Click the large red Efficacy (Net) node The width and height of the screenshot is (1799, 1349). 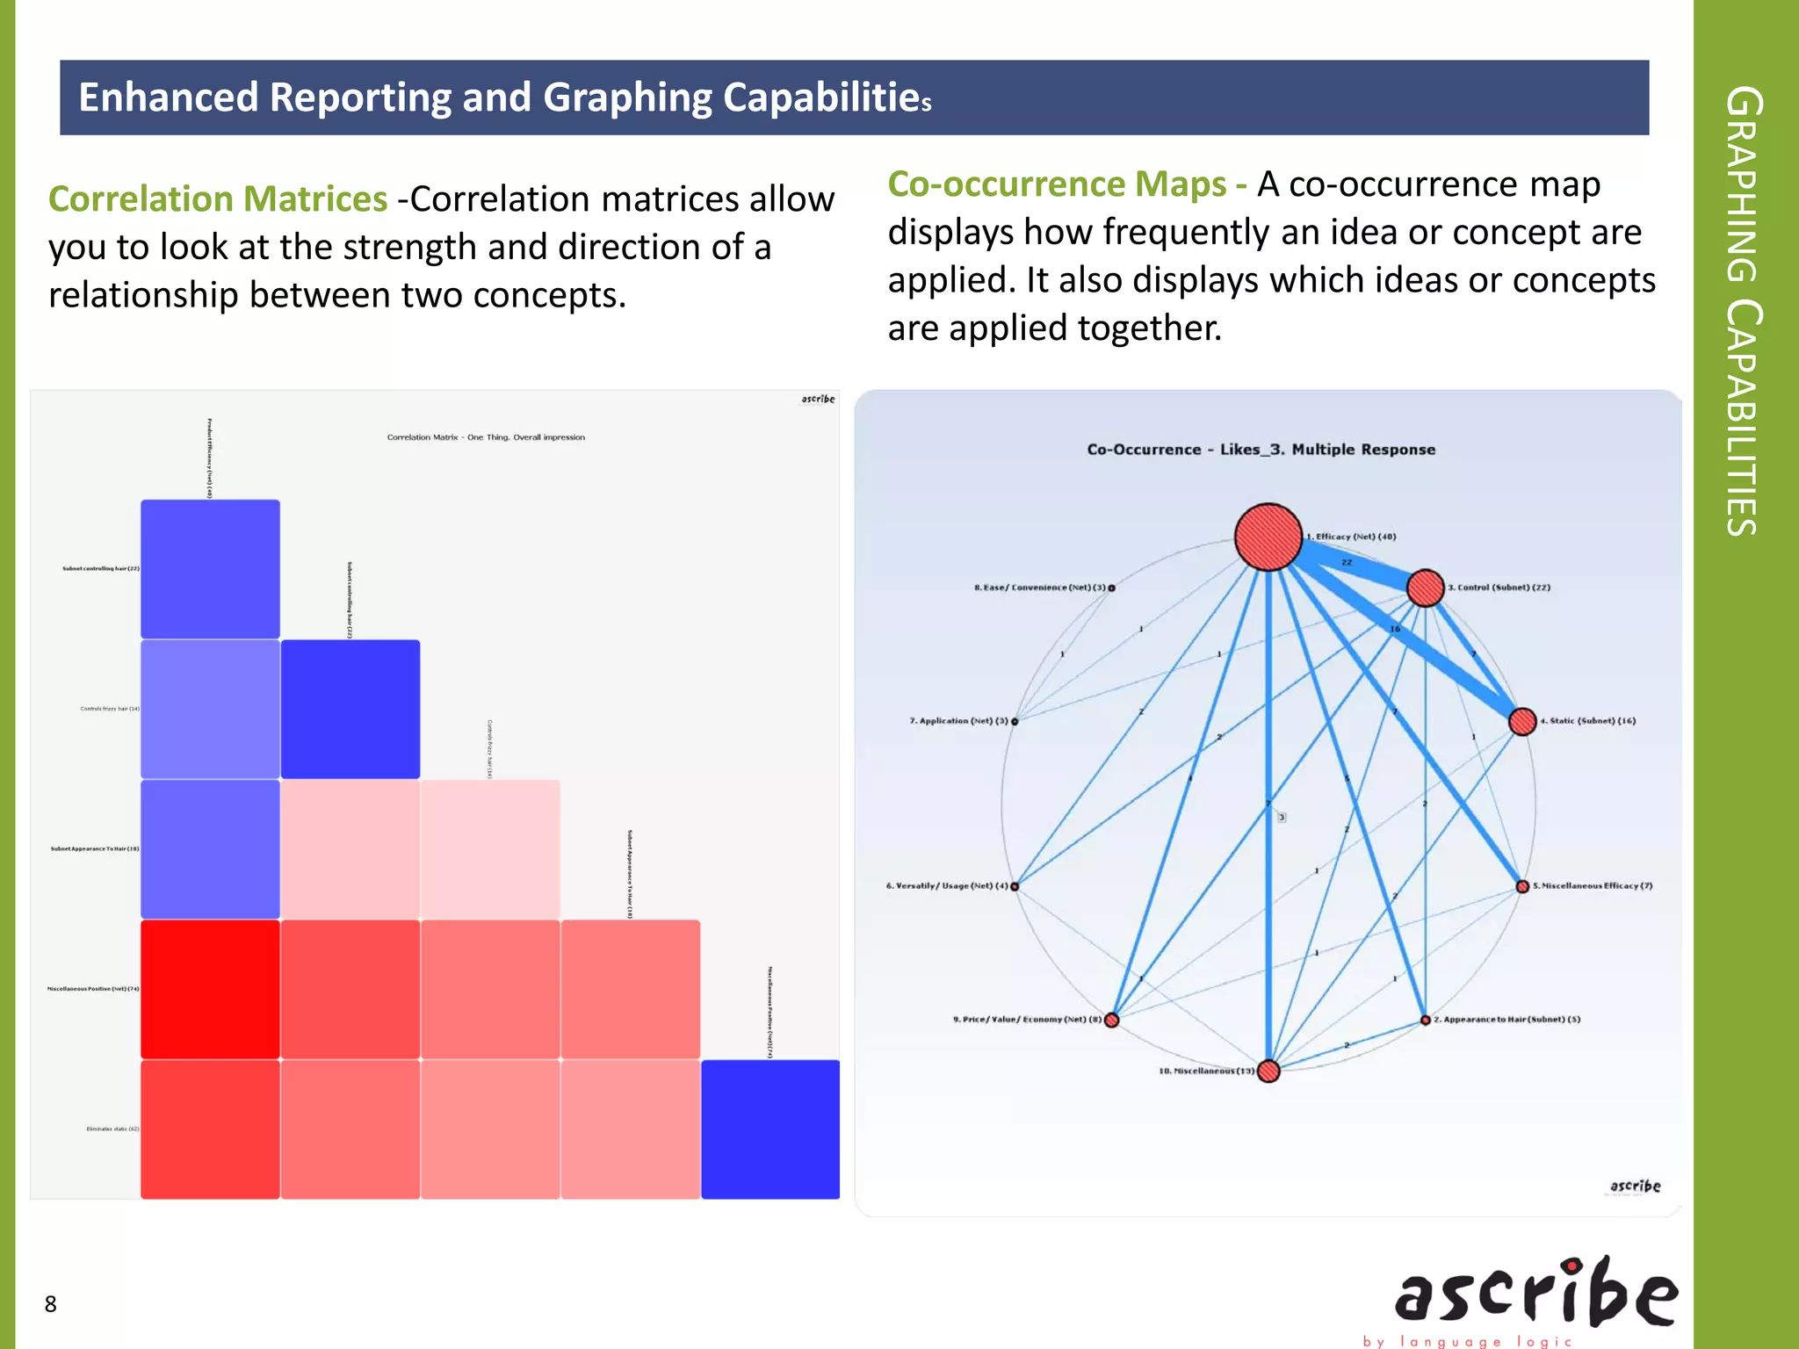pos(1268,537)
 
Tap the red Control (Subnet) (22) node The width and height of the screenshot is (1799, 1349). pos(1425,588)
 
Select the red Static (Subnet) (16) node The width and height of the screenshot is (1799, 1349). pos(1522,721)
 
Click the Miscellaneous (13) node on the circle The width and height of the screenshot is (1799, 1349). pos(1268,1071)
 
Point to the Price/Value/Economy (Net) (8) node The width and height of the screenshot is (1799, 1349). pos(1112,1020)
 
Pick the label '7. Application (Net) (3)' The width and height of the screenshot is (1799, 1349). pos(958,721)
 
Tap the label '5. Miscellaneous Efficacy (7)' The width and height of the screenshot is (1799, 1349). pos(1593,886)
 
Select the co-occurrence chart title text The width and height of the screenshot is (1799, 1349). pos(1261,450)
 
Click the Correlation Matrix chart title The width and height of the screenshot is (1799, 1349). pos(486,437)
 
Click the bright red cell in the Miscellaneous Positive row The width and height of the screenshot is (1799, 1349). pos(210,989)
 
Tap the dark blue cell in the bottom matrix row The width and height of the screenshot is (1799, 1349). pos(770,1129)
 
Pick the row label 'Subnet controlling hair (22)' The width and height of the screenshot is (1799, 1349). pos(100,569)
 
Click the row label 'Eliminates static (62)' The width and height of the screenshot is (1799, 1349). pos(112,1129)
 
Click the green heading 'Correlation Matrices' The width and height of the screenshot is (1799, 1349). pos(217,199)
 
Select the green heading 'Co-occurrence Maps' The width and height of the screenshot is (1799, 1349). pos(1057,184)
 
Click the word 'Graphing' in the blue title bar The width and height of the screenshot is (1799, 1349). pos(627,97)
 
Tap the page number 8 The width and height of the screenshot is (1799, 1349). pos(51,1304)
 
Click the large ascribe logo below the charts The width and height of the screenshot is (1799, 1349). pos(1536,1295)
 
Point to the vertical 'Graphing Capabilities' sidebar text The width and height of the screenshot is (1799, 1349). pos(1743,312)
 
